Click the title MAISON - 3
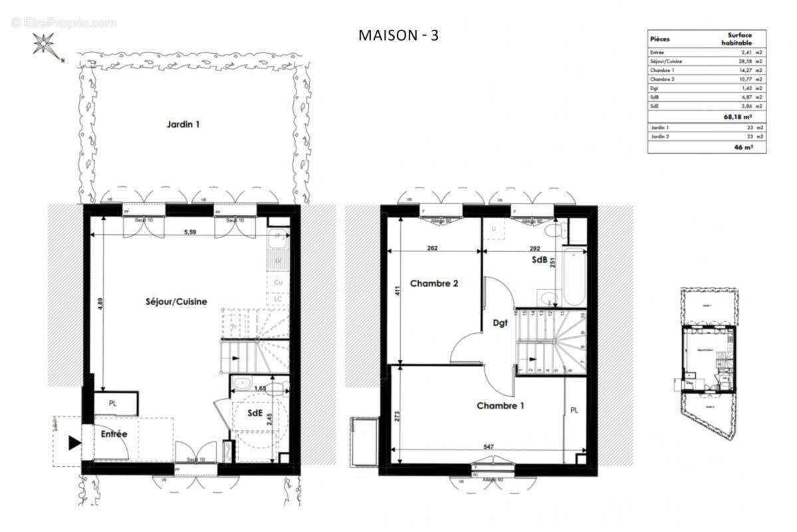click(398, 35)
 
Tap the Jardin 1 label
click(183, 124)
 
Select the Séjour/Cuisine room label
click(176, 301)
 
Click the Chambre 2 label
click(434, 283)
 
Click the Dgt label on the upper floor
click(501, 323)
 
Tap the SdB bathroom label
click(538, 261)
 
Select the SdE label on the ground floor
click(255, 413)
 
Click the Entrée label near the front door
click(114, 434)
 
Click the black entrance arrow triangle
click(74, 442)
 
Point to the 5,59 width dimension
click(193, 233)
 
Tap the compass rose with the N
click(45, 46)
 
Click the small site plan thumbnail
click(706, 363)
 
